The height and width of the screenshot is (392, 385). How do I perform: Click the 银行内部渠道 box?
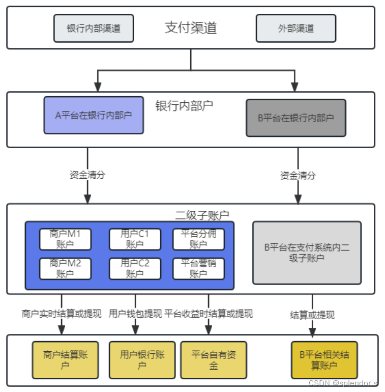pos(94,28)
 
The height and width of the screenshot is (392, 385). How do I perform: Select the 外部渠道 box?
pos(295,28)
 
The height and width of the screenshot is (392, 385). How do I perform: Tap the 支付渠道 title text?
pos(191,27)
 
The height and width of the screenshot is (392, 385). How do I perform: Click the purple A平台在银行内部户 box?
pos(93,115)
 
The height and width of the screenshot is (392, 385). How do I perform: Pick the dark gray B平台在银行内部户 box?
pos(295,118)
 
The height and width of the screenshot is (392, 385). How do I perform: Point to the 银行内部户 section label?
pos(184,106)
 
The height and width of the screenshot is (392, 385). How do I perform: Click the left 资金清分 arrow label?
pos(87,175)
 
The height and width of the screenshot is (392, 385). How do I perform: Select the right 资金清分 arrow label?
pos(298,175)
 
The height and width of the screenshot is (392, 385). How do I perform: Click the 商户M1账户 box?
pos(65,239)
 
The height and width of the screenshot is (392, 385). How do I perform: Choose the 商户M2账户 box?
pos(65,269)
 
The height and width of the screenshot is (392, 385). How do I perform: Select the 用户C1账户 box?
pos(135,239)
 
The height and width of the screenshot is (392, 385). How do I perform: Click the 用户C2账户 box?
pos(135,269)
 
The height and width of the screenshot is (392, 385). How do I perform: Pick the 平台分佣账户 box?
pos(198,239)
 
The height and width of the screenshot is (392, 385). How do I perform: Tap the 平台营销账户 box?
pos(198,269)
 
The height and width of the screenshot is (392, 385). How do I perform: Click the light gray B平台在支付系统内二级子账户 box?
pos(307,253)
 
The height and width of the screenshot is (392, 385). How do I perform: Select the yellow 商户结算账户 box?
pos(66,360)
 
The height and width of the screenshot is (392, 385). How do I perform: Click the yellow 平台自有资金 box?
pos(214,360)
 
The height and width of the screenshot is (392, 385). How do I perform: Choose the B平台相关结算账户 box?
pos(324,360)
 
